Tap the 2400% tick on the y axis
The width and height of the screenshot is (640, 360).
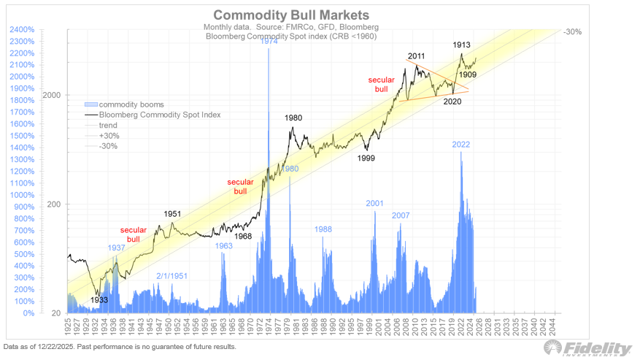coord(22,29)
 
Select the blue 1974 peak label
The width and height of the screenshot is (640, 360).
coord(269,42)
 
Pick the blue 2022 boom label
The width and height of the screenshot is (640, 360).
coord(460,145)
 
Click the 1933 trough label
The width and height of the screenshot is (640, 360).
coord(99,299)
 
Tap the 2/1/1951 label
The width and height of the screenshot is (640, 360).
coord(172,275)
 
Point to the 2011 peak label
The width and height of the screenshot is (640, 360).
coord(417,56)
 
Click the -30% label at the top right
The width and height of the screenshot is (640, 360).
coord(574,32)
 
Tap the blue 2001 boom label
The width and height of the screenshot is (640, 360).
coord(374,204)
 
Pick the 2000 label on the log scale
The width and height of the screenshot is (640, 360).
coord(50,95)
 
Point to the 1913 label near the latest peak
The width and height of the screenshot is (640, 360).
coord(460,45)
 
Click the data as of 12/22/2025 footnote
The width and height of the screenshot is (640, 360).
coord(120,346)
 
